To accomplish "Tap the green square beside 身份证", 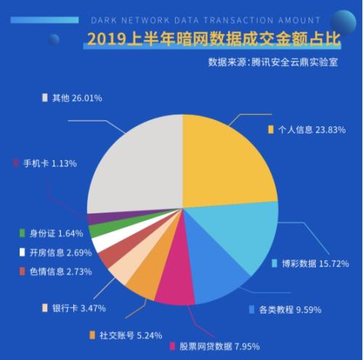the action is [23, 233].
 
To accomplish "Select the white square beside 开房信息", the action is [23, 253].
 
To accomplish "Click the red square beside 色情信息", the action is [23, 271].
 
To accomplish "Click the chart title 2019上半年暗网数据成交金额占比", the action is [214, 38].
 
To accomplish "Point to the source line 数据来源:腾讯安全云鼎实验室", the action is [273, 62].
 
